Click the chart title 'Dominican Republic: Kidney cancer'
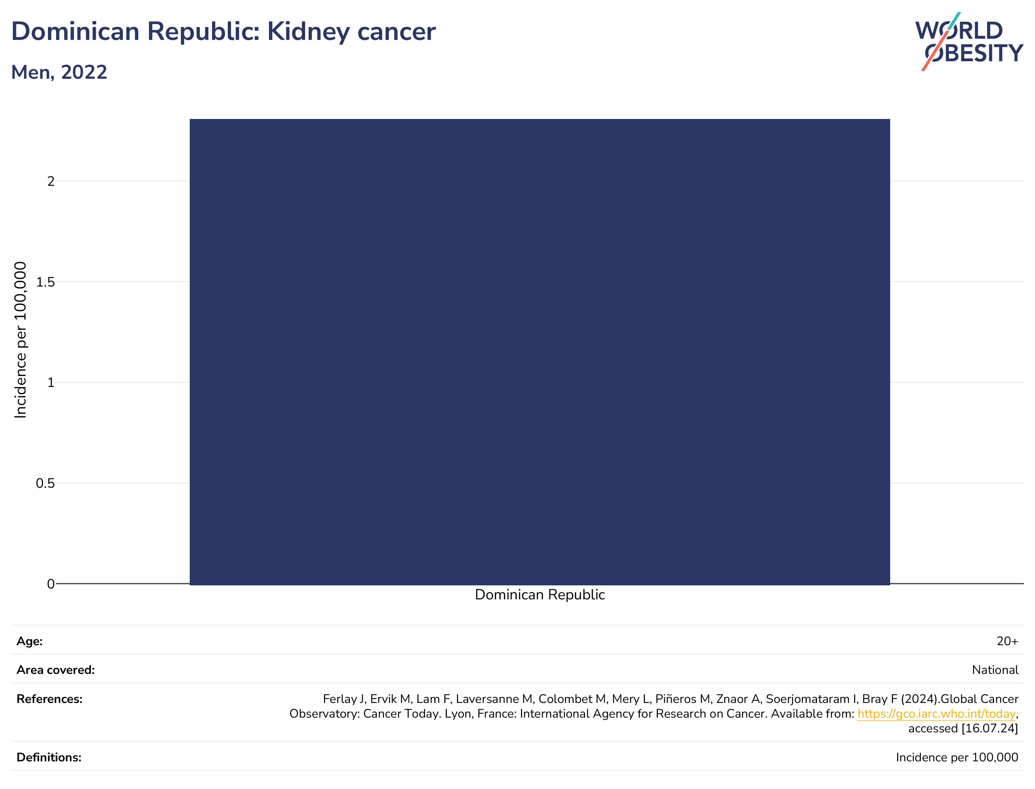[x=224, y=32]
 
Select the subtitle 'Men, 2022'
[x=59, y=72]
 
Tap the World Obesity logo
[x=969, y=42]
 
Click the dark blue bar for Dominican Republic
[x=540, y=352]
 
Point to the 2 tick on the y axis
[x=51, y=181]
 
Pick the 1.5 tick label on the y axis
[x=45, y=282]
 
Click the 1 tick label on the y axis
[x=51, y=383]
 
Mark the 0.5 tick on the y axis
[x=45, y=483]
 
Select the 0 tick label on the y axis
[x=51, y=584]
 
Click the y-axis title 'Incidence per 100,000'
[x=20, y=339]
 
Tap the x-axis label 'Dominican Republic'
[x=540, y=594]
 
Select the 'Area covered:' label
[x=55, y=670]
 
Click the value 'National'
[x=995, y=670]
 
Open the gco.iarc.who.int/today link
[x=936, y=714]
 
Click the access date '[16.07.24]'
[x=990, y=728]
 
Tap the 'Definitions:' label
[x=49, y=758]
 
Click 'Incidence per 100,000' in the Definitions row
[x=957, y=758]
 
